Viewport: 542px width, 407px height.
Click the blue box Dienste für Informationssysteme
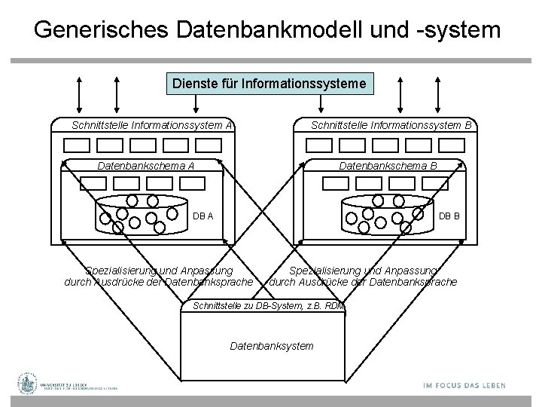[x=270, y=82]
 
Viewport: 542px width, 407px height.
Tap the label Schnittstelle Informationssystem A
[x=151, y=125]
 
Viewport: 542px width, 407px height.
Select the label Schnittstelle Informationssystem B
[x=391, y=125]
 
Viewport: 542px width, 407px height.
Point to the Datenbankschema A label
[x=142, y=165]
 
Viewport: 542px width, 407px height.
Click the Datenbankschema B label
[x=388, y=165]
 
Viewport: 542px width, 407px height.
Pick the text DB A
[x=203, y=216]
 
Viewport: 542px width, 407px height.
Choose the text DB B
[x=450, y=216]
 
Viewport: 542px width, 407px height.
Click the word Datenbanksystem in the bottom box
[x=271, y=346]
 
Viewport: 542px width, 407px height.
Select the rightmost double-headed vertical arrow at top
[x=459, y=94]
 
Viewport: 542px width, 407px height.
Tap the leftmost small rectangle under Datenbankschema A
[x=93, y=182]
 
